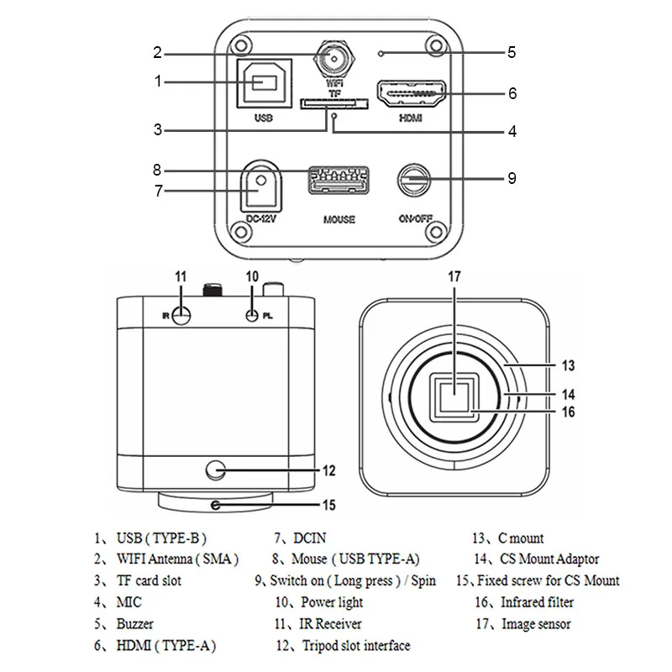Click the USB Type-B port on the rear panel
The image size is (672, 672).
point(264,83)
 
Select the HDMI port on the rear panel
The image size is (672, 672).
point(411,93)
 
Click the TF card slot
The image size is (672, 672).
point(333,103)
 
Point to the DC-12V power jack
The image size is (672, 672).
point(261,186)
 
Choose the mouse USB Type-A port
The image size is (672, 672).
point(339,181)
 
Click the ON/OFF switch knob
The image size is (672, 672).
point(414,180)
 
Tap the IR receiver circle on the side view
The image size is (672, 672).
point(181,317)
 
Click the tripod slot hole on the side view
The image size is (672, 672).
point(216,470)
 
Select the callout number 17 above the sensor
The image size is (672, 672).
point(454,277)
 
